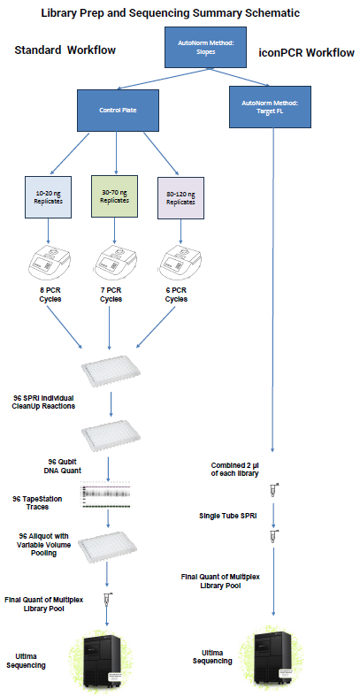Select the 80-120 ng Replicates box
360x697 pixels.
click(x=180, y=196)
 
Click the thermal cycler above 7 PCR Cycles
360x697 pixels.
click(x=112, y=263)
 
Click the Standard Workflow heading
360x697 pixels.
click(x=65, y=51)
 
